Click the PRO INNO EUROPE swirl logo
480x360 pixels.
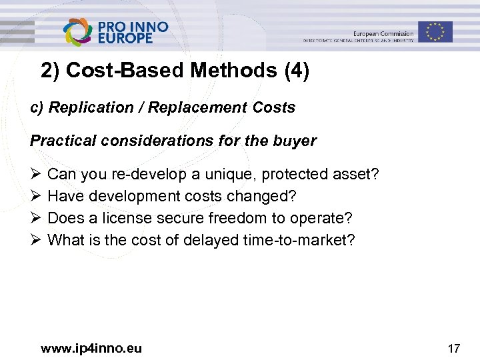79,31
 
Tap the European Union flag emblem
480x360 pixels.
435,31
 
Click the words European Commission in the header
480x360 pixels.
383,33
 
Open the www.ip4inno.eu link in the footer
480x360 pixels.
91,348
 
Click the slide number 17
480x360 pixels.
454,348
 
